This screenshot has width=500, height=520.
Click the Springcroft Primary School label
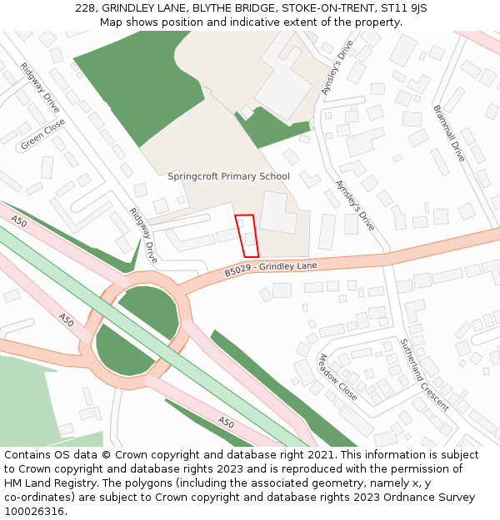coord(228,176)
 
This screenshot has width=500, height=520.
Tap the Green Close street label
coord(42,135)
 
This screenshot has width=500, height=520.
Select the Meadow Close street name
coord(337,377)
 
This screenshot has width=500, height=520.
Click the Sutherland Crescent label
coord(424,374)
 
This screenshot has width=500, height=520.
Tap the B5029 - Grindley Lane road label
coord(271,269)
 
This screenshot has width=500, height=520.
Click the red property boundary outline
coord(246,235)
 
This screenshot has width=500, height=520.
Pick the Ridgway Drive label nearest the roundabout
coord(143,235)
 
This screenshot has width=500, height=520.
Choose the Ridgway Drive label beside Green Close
coord(39,90)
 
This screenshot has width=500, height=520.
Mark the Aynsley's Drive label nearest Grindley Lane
coord(355,206)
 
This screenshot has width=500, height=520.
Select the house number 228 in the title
coord(86,7)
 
